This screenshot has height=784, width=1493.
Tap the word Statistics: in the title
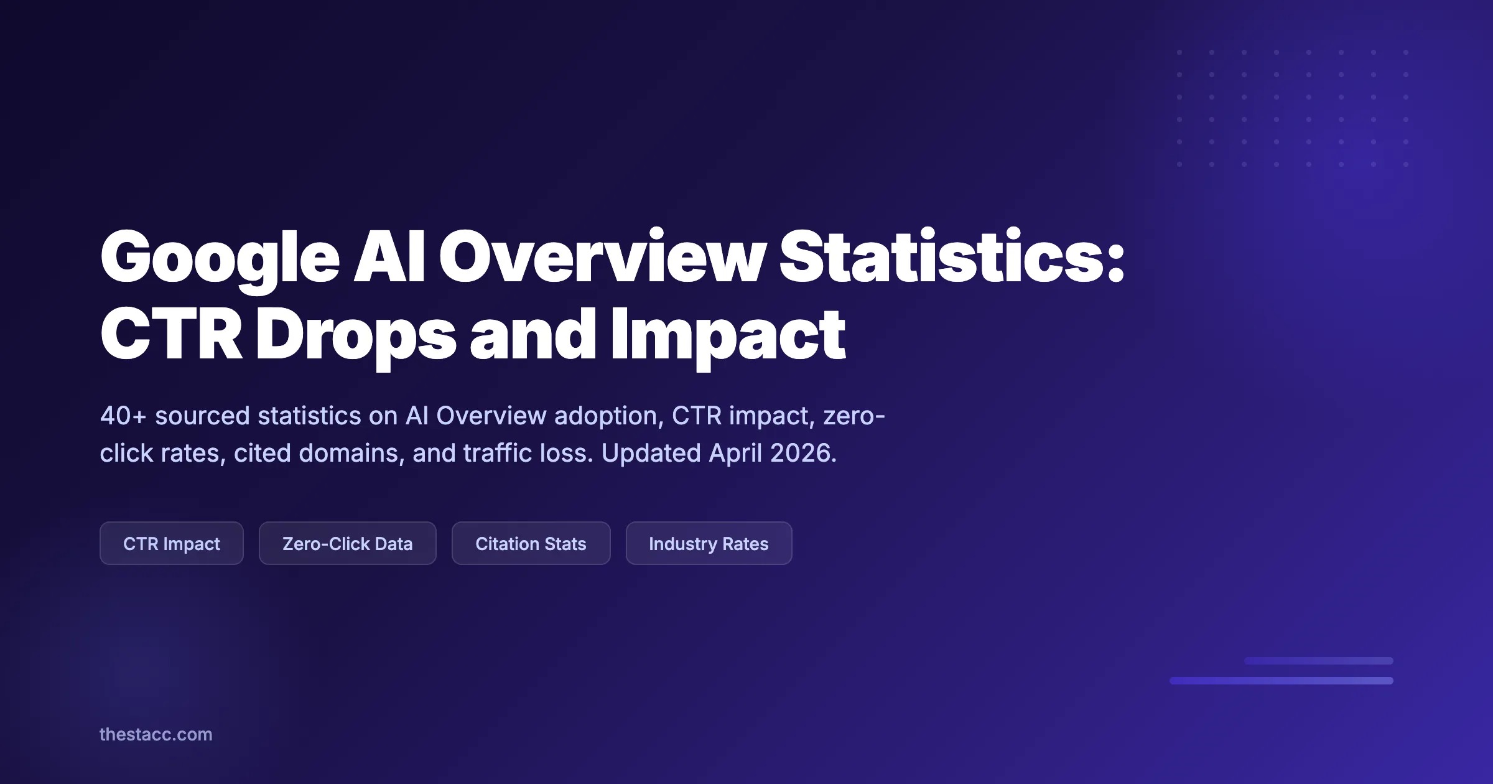[952, 257]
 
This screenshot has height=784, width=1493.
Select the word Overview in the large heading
[602, 257]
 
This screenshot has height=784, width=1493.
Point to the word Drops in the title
[356, 336]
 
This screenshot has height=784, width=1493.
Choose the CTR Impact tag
[172, 543]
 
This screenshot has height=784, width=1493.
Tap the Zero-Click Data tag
[347, 543]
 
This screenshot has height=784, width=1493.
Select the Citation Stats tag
[531, 543]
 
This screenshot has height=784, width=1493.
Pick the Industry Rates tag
[709, 543]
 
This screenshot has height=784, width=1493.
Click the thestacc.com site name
[156, 734]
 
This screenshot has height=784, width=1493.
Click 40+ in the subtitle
[123, 416]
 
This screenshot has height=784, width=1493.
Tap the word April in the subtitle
[735, 453]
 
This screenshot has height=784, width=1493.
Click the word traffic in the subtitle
[498, 453]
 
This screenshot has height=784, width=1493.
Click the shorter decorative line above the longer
[1318, 661]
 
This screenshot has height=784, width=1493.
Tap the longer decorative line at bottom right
[1281, 681]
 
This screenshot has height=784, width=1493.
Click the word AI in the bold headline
[389, 257]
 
